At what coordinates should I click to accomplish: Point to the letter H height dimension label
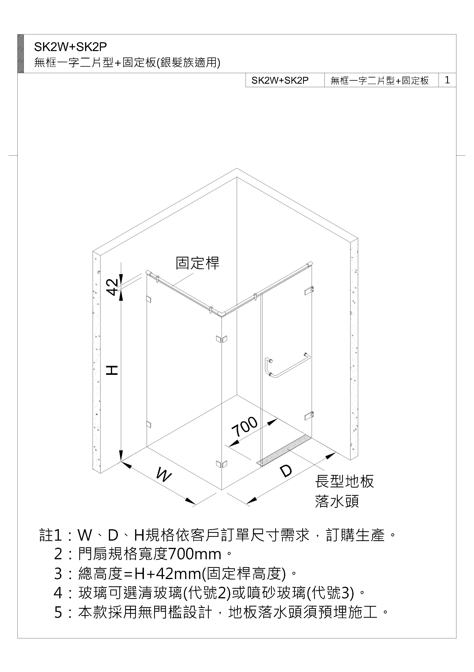(112, 370)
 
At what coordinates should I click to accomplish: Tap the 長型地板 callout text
(344, 481)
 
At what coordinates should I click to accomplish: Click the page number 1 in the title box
(447, 80)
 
